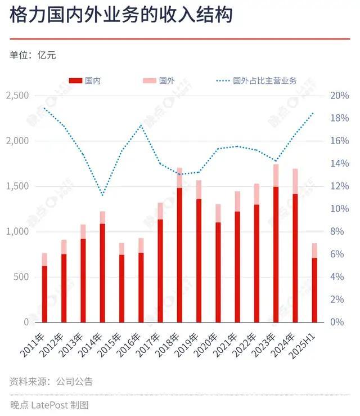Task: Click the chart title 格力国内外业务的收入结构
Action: (x=121, y=15)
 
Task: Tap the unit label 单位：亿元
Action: (x=33, y=55)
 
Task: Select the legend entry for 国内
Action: (x=85, y=81)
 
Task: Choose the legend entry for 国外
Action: (x=158, y=81)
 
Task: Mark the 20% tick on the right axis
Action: (x=339, y=96)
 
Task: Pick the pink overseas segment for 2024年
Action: (x=295, y=181)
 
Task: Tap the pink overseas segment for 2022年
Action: (x=256, y=194)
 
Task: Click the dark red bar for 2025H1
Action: (x=314, y=290)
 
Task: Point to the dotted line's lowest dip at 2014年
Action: (x=102, y=195)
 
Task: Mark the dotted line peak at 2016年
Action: (x=141, y=125)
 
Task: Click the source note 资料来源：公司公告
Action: (x=51, y=382)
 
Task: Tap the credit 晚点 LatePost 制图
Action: (x=49, y=404)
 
